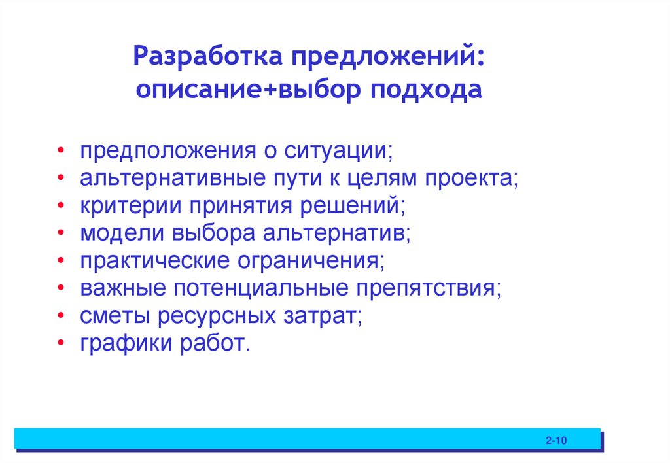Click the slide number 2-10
(x=555, y=441)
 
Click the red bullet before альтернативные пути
(x=60, y=179)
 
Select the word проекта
(x=472, y=179)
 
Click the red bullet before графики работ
(x=60, y=343)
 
